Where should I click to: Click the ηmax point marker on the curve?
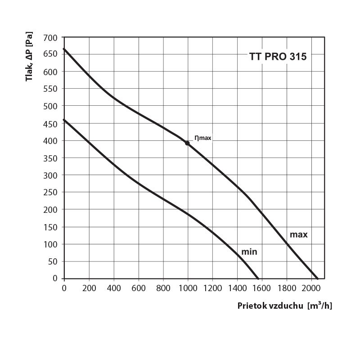[x=187, y=143]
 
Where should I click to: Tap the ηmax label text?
[x=202, y=138]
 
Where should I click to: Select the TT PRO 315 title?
[x=278, y=57]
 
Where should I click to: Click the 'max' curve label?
[x=298, y=234]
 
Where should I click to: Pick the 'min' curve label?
[x=249, y=252]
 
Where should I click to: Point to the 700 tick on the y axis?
[x=51, y=37]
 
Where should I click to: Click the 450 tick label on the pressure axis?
[x=51, y=123]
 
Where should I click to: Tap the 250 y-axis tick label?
[x=51, y=192]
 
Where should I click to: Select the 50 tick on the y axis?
[x=53, y=261]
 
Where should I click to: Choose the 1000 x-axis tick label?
[x=188, y=287]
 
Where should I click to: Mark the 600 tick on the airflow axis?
[x=138, y=287]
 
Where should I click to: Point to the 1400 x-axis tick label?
[x=237, y=287]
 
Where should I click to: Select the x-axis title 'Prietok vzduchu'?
[x=270, y=306]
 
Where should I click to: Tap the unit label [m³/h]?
[x=319, y=306]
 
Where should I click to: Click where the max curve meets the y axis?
[x=64, y=49]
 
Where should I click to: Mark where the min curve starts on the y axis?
[x=64, y=120]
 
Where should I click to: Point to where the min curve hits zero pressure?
[x=258, y=279]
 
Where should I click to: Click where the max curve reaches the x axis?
[x=318, y=279]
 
